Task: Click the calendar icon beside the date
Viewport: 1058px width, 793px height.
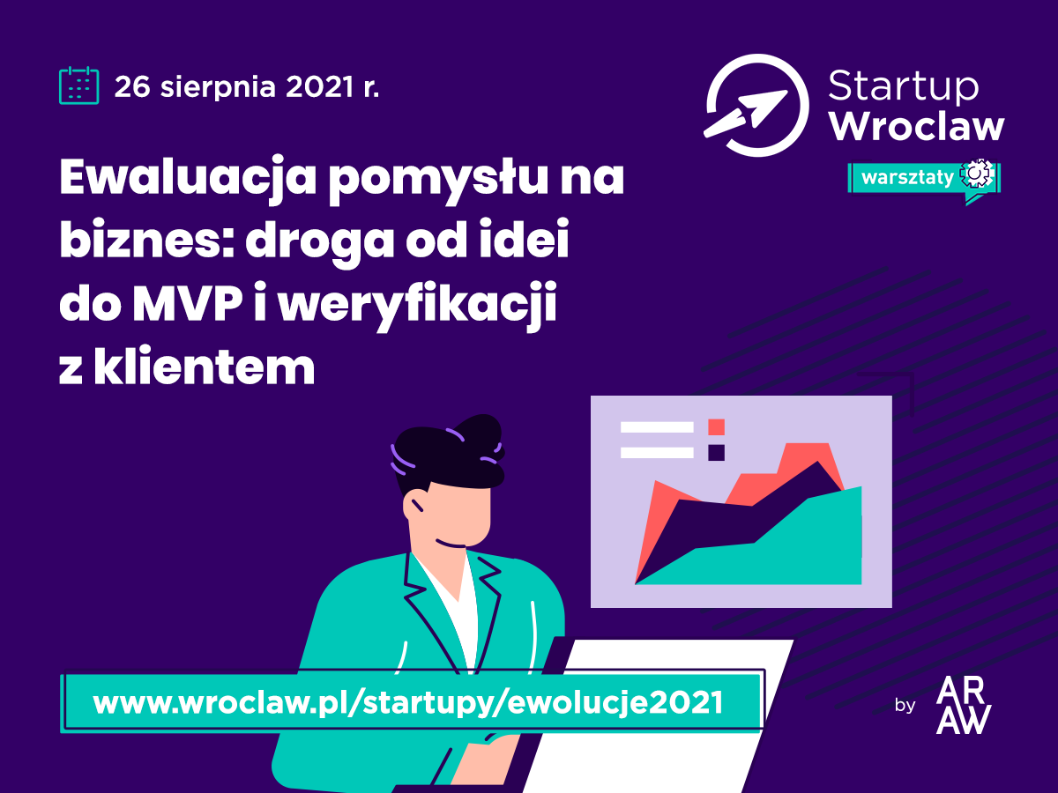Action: [x=79, y=85]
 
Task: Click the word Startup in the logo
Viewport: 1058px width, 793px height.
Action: [x=904, y=86]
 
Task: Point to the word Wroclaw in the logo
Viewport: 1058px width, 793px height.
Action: [x=917, y=127]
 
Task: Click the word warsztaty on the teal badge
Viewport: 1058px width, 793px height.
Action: [x=907, y=178]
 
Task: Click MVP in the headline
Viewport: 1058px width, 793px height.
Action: [x=187, y=304]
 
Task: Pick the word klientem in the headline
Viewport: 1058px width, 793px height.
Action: [x=204, y=367]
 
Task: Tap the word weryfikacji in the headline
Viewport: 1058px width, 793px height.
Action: [x=417, y=306]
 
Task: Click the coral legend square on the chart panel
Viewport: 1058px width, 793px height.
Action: [x=716, y=427]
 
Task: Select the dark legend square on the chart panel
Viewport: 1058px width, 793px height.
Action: [x=716, y=453]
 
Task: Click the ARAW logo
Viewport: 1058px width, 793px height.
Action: [x=964, y=705]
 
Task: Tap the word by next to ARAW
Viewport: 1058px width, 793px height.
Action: [x=905, y=706]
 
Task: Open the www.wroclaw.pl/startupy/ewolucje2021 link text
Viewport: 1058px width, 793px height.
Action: [x=408, y=702]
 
